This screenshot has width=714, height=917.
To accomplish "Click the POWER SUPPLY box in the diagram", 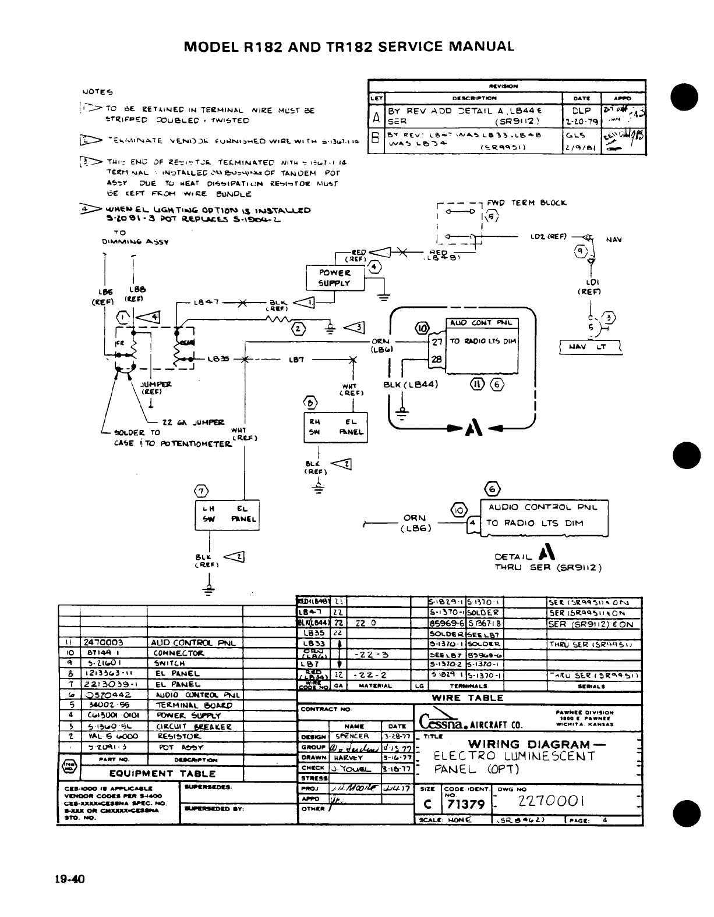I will [x=335, y=278].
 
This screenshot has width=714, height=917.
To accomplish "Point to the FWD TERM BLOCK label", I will [x=539, y=203].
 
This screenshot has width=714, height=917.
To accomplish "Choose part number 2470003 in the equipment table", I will [x=104, y=642].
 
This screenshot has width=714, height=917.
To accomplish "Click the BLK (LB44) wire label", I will [x=408, y=384].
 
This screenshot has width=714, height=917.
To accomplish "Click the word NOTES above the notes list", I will [x=98, y=91].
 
